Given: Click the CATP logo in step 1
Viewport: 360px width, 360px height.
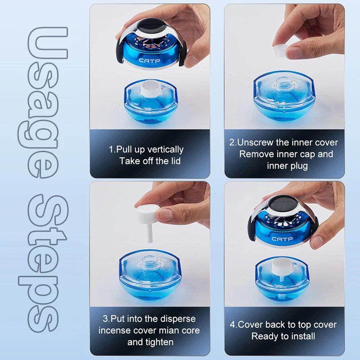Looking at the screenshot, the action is coord(149,61).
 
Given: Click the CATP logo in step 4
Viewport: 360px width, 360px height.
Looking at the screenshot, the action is coord(282,239).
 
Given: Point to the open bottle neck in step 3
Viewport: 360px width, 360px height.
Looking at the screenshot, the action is coord(149,262).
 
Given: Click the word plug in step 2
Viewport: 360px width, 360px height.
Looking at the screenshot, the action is coord(298,166).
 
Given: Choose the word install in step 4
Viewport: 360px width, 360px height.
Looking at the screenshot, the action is coord(303,336).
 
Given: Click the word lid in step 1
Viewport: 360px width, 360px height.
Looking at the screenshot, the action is coord(175,161).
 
